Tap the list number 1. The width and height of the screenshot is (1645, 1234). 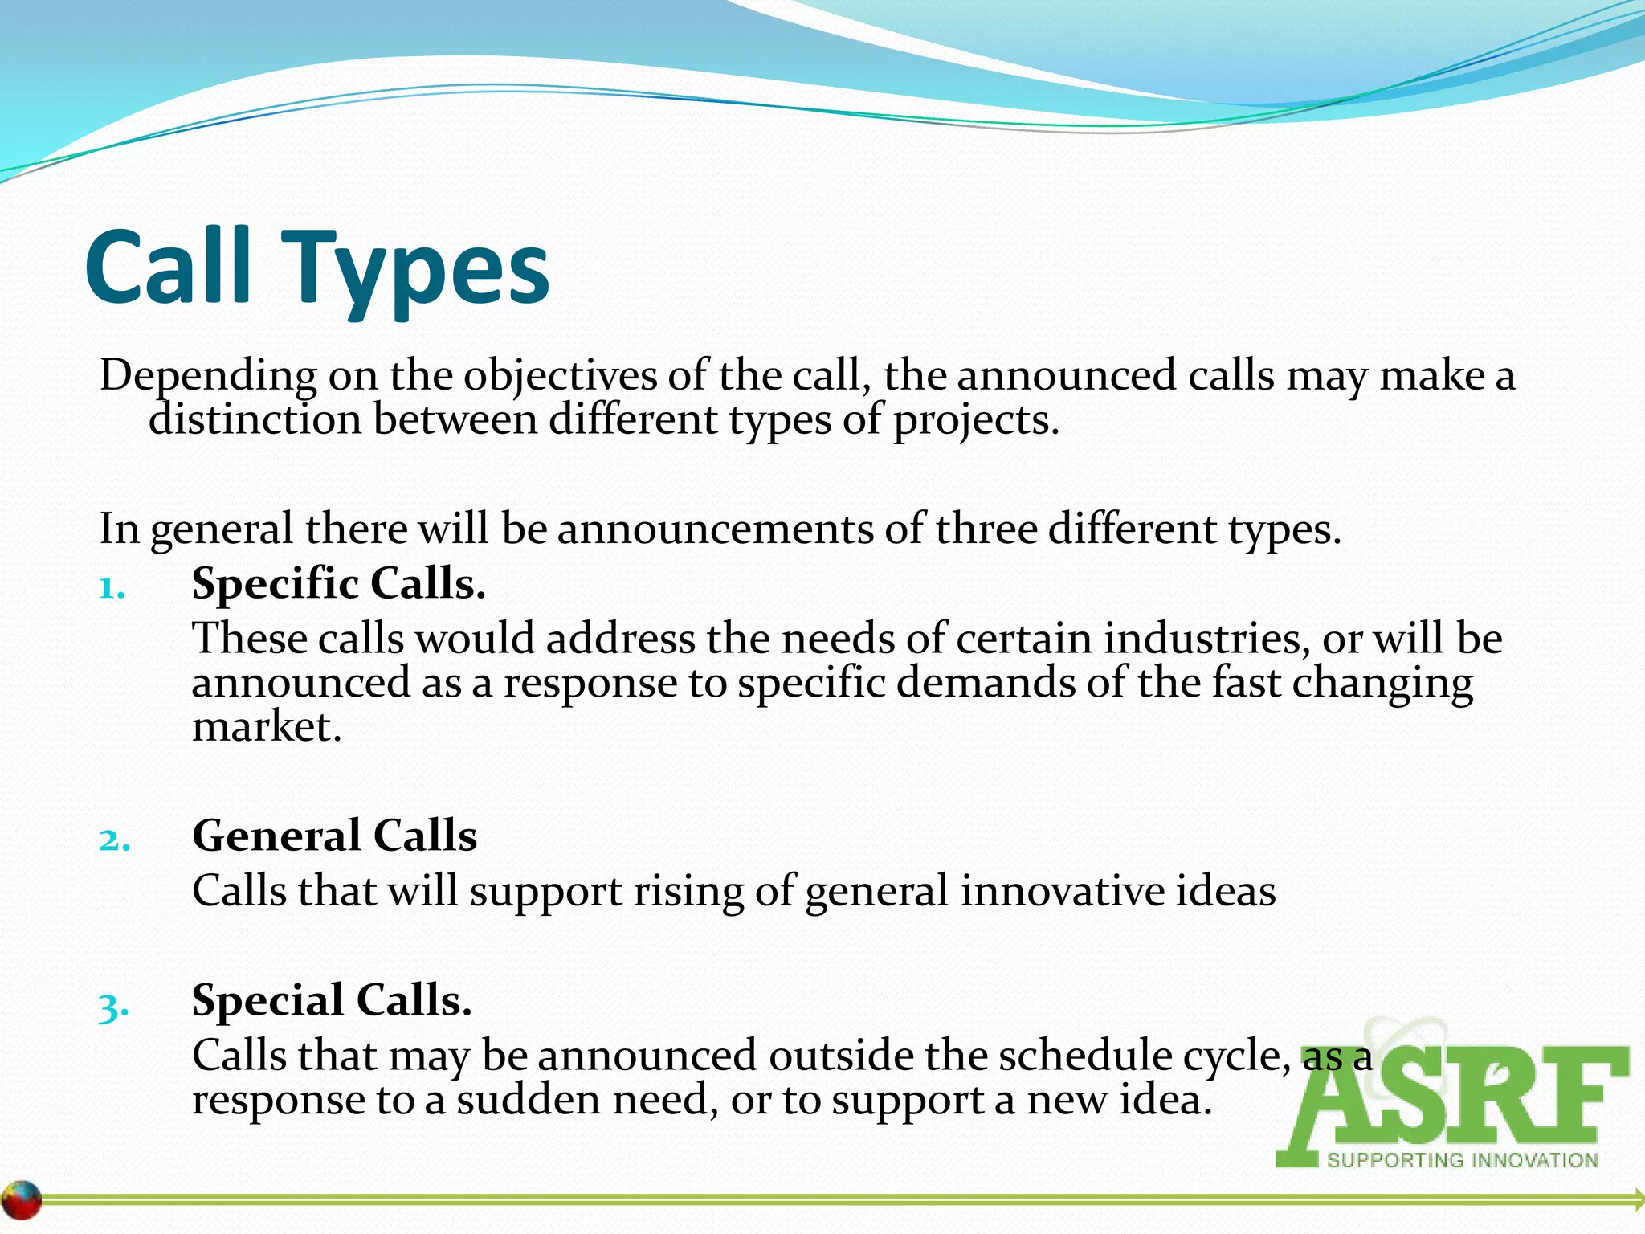(112, 589)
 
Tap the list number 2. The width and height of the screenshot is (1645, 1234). (114, 840)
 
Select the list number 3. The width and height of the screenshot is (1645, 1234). (113, 1007)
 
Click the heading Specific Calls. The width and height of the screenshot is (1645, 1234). (338, 583)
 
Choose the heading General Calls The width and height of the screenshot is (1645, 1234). (334, 836)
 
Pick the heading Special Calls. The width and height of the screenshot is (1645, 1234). (331, 1001)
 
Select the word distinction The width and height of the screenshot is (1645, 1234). (255, 419)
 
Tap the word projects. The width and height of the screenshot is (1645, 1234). (976, 421)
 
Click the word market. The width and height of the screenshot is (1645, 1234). (266, 727)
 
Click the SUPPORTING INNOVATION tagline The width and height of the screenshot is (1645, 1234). (1462, 1160)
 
